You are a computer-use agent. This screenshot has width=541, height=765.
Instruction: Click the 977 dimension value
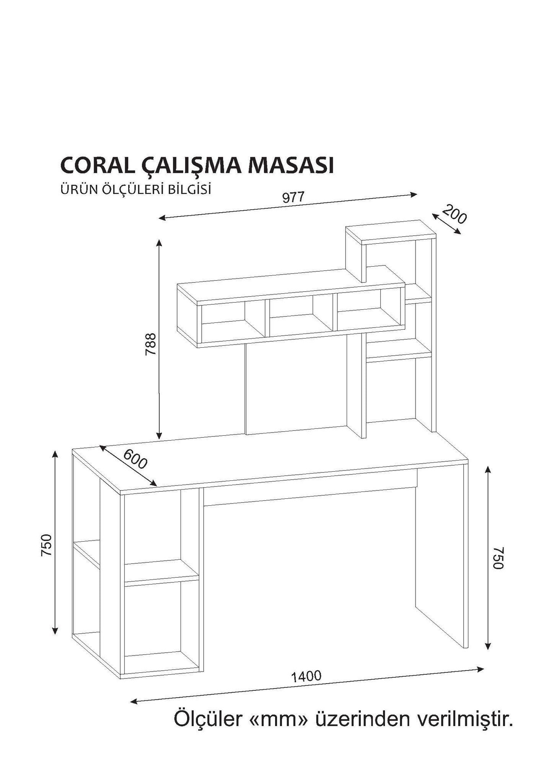point(293,197)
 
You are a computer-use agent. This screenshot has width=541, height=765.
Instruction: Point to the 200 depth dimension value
point(455,215)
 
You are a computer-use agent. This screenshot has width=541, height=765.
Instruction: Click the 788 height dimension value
point(151,344)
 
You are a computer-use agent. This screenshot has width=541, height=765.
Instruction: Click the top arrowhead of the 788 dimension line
point(159,243)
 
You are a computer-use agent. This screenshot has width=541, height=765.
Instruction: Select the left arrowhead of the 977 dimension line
point(162,218)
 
